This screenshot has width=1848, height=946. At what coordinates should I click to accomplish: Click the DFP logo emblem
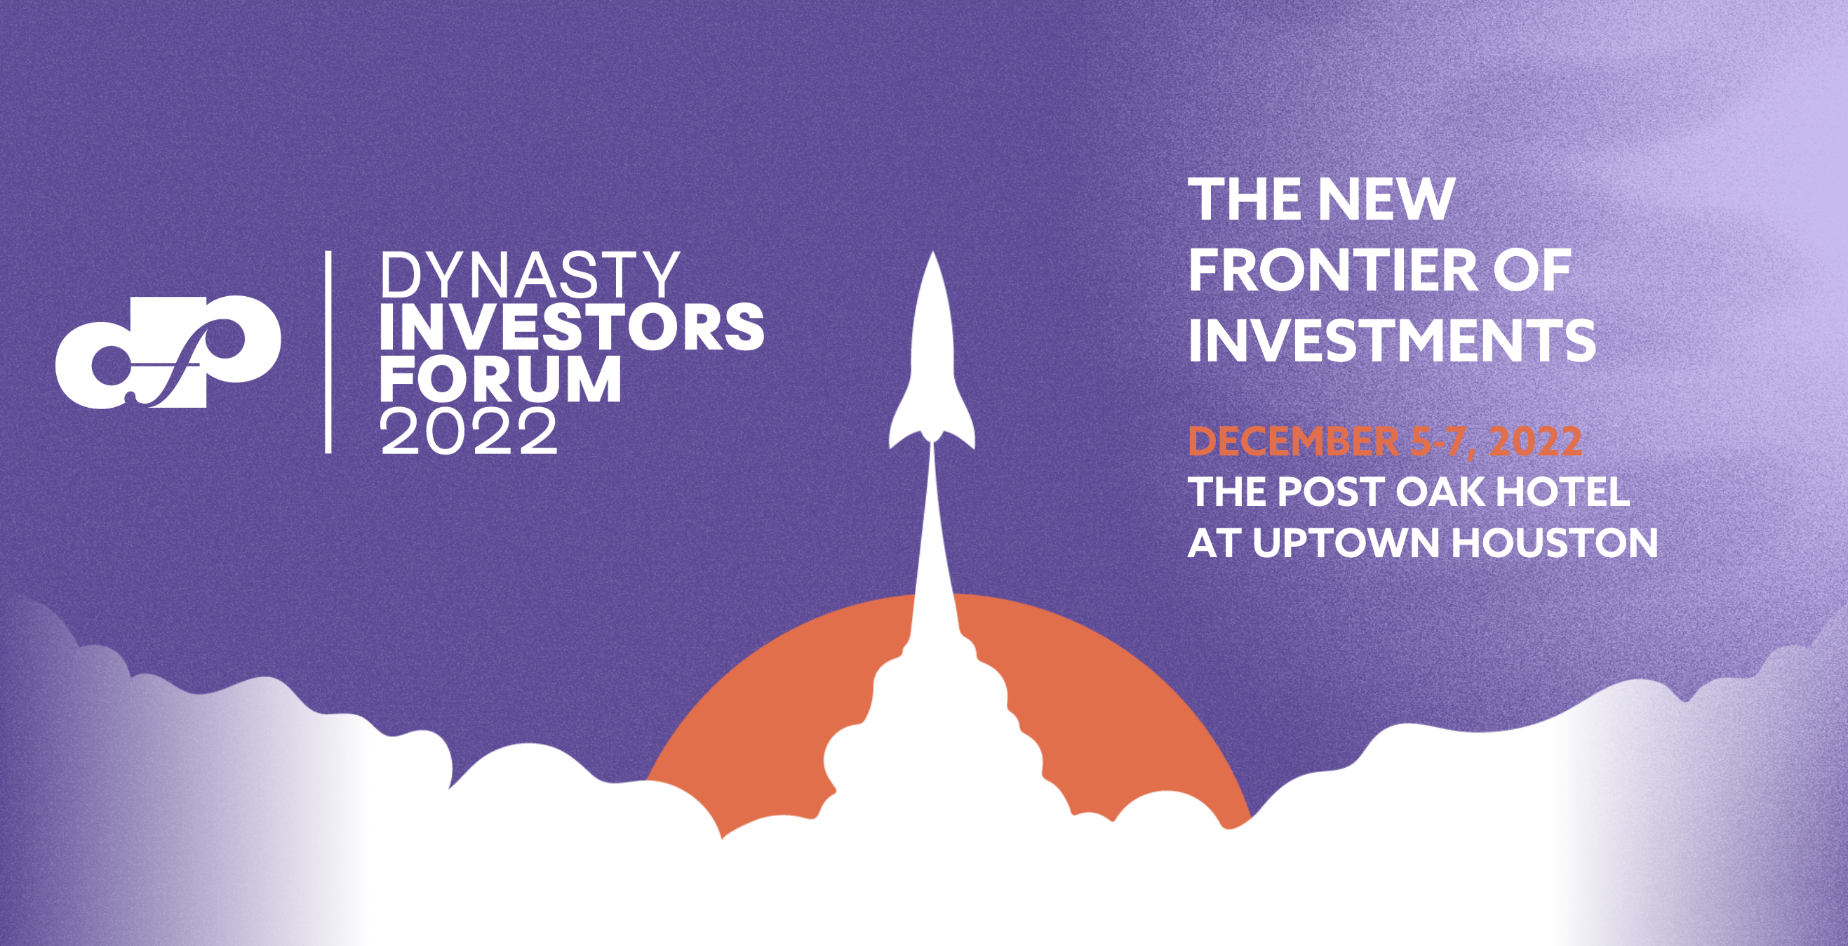167,353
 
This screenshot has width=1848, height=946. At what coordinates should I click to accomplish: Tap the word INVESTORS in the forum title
572,326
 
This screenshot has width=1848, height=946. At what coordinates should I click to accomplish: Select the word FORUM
500,379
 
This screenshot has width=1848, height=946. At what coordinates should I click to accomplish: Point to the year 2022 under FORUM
469,431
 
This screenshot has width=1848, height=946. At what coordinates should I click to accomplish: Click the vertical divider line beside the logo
328,352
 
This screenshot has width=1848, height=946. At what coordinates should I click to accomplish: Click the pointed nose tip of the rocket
932,253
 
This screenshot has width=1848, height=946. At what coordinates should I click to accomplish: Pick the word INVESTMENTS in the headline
1392,340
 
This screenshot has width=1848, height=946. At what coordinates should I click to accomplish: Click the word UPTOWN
1348,543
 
